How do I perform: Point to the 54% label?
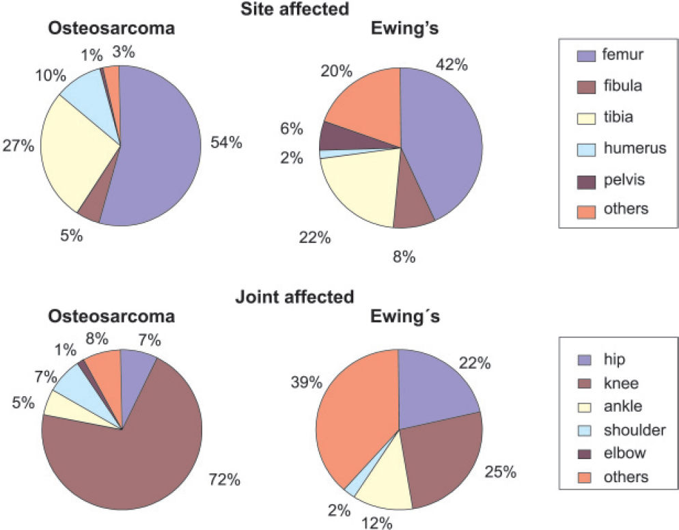[x=226, y=143]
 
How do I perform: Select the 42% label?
[x=451, y=65]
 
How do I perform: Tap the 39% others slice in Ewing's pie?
[x=359, y=410]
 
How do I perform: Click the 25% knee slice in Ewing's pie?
[x=444, y=458]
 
